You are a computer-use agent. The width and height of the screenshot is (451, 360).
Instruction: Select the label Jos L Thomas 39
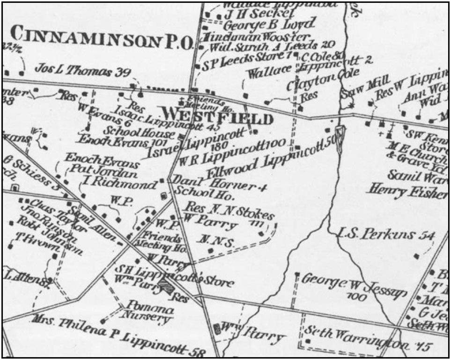click(x=82, y=71)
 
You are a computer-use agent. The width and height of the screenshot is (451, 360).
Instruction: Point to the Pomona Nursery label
click(x=148, y=314)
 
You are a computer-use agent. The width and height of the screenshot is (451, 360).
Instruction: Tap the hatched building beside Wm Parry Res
click(x=166, y=286)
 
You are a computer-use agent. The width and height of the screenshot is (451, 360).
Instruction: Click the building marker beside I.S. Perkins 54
click(x=416, y=256)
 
